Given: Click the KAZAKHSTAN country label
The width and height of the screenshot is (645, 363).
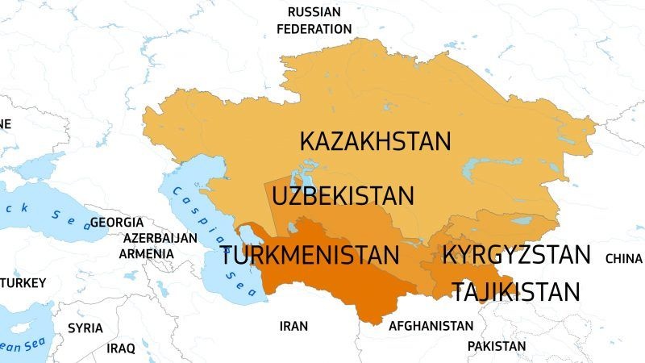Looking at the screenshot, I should click(x=375, y=141).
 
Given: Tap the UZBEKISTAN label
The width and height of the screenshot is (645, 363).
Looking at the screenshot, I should click(x=343, y=196).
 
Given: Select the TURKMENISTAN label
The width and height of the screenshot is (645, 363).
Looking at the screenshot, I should click(x=310, y=257).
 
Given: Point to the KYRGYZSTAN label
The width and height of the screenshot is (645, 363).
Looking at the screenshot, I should click(x=516, y=256).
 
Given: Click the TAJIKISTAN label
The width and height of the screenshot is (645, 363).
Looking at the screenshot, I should click(x=516, y=291).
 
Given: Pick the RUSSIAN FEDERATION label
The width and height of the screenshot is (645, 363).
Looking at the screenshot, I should click(x=314, y=20).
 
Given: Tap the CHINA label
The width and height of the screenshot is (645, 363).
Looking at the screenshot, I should click(x=623, y=259).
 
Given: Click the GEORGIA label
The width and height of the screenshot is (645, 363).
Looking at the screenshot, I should click(x=116, y=222).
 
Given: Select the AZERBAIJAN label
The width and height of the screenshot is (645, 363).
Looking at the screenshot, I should click(x=160, y=239).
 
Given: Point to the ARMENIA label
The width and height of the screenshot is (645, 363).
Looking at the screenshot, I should click(x=146, y=253).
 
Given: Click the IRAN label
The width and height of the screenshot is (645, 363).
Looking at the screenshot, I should click(x=293, y=327).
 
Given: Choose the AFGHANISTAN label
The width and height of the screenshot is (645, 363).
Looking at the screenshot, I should click(x=431, y=327).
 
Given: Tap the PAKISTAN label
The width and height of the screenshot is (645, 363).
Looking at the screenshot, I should click(x=496, y=346).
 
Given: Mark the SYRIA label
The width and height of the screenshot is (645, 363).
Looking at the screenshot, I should click(x=85, y=328).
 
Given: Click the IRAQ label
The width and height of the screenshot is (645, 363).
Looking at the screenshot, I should click(x=121, y=348).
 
